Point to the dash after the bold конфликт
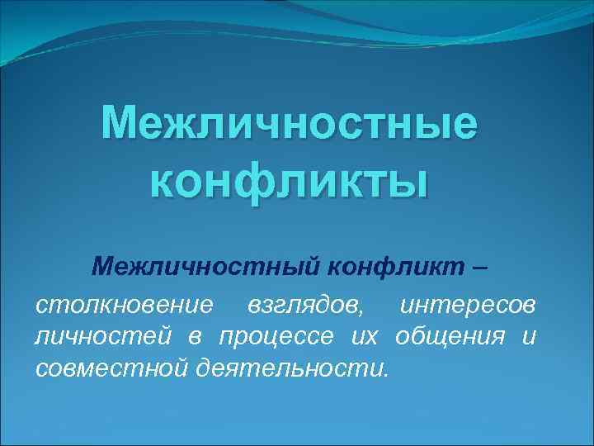pyautogui.click(x=481, y=267)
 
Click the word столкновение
pyautogui.click(x=125, y=306)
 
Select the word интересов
pyautogui.click(x=467, y=306)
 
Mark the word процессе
pyautogui.click(x=272, y=337)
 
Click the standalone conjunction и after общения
pyautogui.click(x=529, y=337)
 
